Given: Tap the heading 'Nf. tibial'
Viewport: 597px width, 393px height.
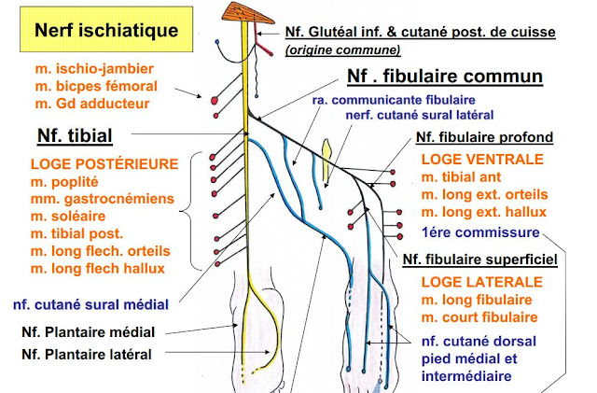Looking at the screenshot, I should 75,136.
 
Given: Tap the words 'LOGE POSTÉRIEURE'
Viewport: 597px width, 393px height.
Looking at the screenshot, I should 104,164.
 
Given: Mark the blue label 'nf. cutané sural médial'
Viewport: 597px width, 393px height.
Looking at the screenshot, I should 90,303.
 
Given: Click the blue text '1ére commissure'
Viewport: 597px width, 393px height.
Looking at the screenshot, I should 479,232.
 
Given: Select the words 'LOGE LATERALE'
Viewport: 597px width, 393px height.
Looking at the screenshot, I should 479,281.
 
